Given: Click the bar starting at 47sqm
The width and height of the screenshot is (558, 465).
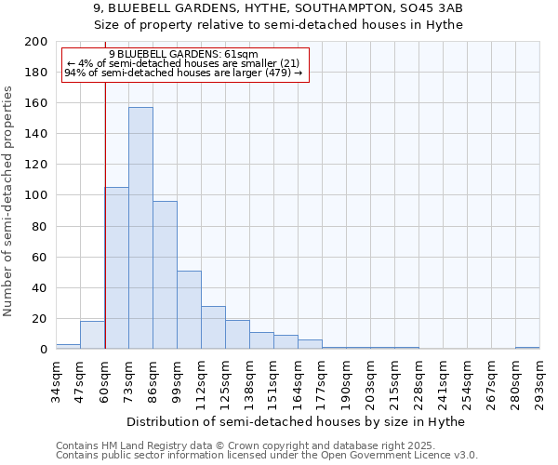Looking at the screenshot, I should [92, 335].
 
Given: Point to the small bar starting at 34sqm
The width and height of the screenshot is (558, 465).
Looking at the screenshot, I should [68, 346].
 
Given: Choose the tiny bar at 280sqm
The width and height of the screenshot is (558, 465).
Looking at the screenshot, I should [527, 348].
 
